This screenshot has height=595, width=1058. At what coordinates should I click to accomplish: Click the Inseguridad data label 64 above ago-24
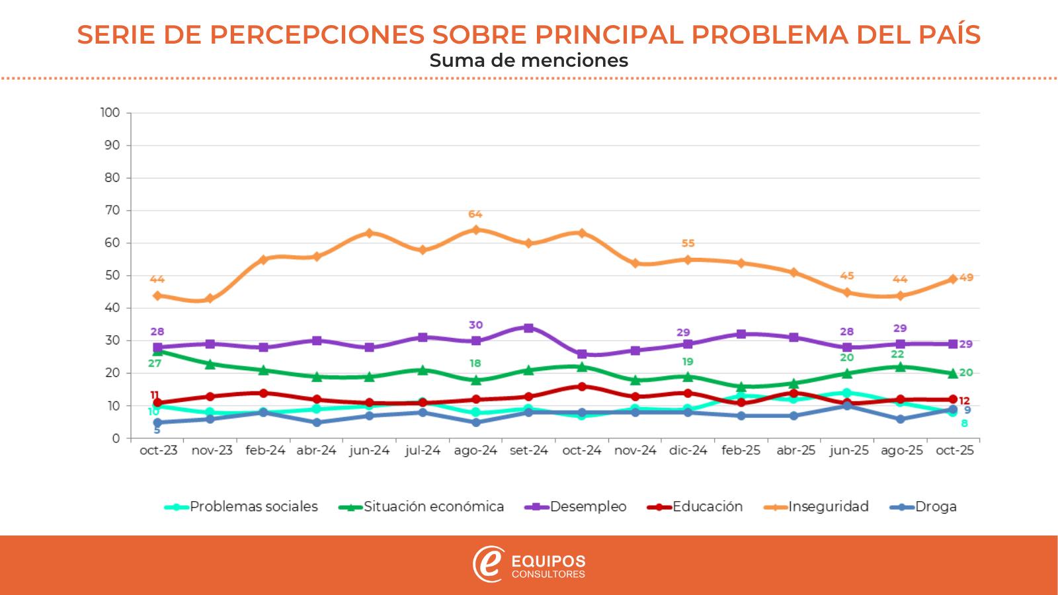475,214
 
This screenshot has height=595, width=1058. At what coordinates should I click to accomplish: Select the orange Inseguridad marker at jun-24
370,233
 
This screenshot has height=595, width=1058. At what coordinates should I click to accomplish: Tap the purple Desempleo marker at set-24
528,328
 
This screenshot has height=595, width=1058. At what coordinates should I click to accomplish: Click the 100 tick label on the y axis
110,113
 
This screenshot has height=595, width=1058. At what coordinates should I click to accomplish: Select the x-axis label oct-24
582,451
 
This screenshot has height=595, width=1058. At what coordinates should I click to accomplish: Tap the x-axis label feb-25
741,451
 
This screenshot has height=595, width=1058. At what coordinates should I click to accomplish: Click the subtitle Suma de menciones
528,61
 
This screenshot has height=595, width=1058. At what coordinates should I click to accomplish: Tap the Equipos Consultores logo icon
488,564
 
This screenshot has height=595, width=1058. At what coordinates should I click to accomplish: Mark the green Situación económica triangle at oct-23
158,351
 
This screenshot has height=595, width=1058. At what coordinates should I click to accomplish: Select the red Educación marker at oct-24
582,387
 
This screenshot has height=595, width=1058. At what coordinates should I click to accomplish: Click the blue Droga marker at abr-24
317,422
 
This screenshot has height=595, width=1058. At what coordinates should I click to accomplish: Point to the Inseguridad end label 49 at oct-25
966,278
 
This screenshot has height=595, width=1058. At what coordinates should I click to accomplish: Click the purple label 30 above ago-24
475,325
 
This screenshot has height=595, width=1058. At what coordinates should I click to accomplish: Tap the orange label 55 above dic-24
688,243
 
